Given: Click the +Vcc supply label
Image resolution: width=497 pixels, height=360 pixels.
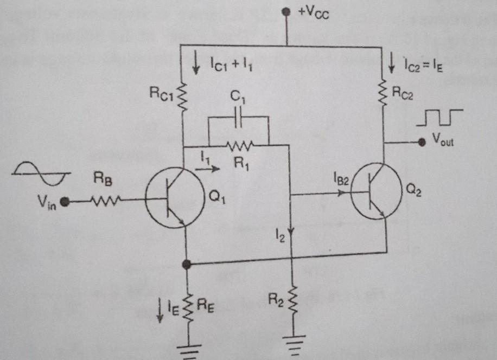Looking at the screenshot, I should (314, 14).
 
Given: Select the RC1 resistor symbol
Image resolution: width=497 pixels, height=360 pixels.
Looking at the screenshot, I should (183, 97).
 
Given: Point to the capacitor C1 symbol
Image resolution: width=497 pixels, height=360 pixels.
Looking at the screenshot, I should (238, 119).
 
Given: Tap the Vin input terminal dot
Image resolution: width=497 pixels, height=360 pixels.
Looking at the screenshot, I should (65, 202).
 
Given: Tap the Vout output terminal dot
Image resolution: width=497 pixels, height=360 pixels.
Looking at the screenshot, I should (421, 142).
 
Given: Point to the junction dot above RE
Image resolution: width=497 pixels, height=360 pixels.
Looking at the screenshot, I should (187, 265).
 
